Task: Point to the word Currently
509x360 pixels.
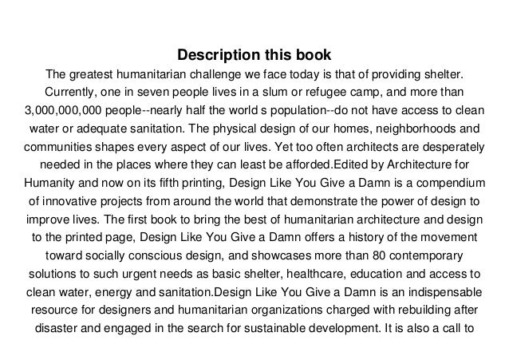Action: (x=76, y=93)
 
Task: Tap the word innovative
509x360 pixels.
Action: (x=73, y=204)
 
